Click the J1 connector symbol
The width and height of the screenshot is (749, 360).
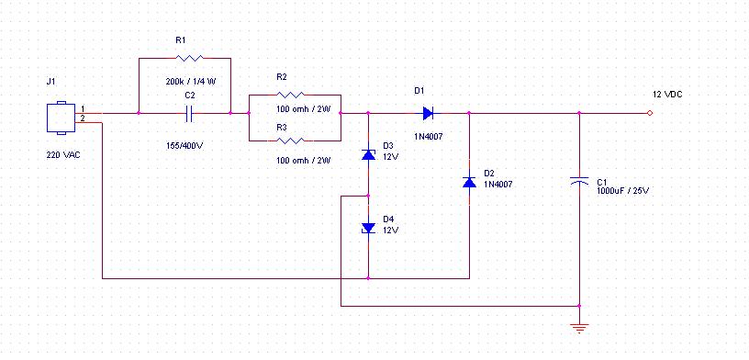tap(61, 118)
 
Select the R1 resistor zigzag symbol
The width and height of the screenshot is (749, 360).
tap(189, 59)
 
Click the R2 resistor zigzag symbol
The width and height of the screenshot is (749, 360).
tap(290, 95)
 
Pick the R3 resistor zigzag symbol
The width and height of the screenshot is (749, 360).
tap(290, 141)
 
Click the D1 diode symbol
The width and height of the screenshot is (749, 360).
tap(428, 113)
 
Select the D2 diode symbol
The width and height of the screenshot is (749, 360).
tap(469, 182)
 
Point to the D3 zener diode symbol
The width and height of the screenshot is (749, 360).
tap(368, 154)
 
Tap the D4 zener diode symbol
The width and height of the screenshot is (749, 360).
tap(368, 228)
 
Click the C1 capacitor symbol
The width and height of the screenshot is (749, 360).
tap(579, 180)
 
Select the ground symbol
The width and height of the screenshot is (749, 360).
tap(579, 328)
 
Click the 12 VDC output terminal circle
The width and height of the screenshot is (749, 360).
tap(649, 113)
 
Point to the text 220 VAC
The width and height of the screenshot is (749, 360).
tap(63, 155)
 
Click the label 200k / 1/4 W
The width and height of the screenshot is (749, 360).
tap(191, 82)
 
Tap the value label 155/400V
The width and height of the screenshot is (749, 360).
tap(184, 146)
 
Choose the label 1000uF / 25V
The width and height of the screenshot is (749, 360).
tap(623, 191)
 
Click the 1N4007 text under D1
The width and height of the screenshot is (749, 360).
tap(428, 137)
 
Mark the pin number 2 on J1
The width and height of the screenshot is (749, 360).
tap(83, 118)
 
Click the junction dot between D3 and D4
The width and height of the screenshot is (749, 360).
tap(368, 196)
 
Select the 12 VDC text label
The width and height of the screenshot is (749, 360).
tap(667, 95)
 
